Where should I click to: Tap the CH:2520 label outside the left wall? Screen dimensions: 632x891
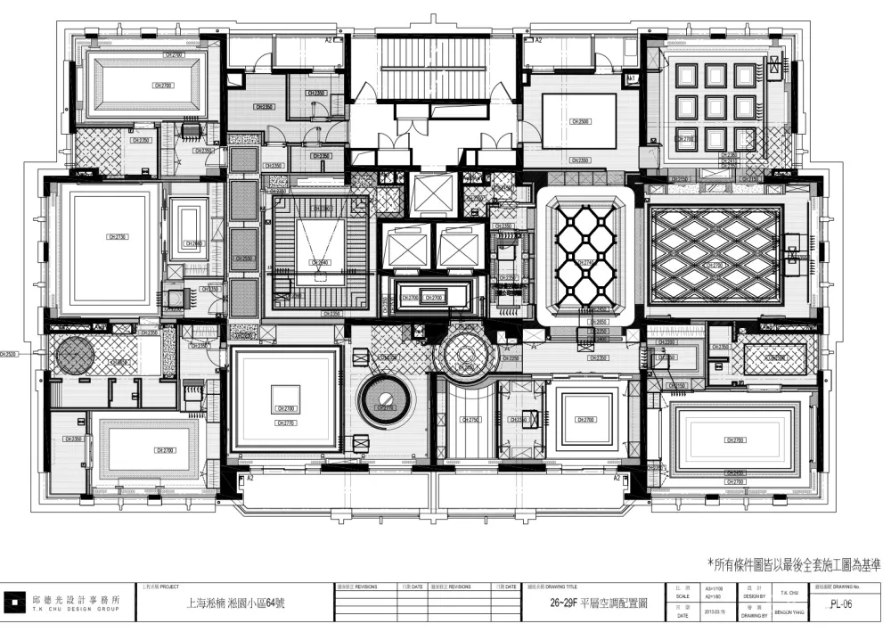point(9,353)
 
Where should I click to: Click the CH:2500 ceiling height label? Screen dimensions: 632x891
point(579,121)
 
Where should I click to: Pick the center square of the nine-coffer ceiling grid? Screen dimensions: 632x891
point(715,107)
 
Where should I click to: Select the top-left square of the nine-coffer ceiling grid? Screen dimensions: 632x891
point(685,76)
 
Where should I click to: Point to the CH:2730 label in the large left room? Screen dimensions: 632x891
point(117,237)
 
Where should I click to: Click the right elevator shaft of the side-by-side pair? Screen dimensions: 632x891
point(461,246)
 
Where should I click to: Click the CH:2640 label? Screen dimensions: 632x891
point(320,262)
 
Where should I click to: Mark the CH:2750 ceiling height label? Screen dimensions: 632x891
point(471,420)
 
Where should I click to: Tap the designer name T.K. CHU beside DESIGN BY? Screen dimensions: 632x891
point(789,591)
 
